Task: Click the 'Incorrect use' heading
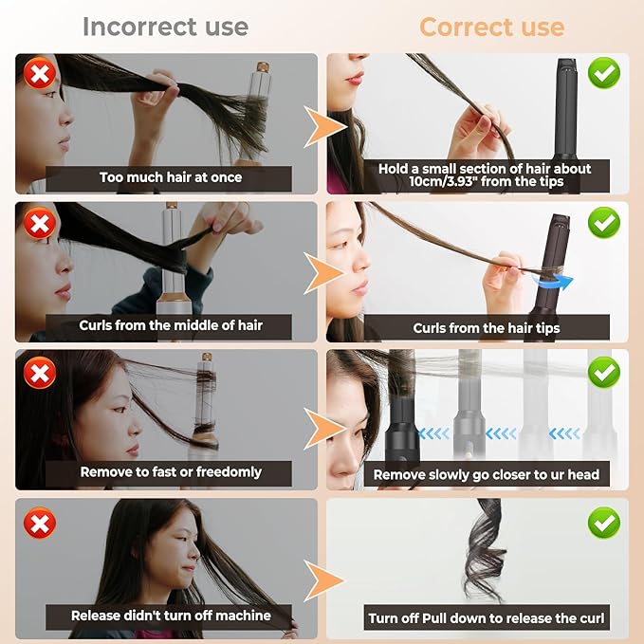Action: (x=165, y=26)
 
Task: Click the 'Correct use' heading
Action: (x=491, y=27)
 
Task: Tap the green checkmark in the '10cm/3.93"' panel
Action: (x=604, y=73)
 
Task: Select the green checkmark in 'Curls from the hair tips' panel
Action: (x=604, y=224)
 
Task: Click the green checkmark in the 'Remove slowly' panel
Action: (x=604, y=373)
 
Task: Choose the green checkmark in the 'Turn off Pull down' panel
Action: (x=604, y=522)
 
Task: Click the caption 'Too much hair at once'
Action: (x=171, y=177)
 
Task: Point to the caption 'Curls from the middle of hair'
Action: (x=171, y=325)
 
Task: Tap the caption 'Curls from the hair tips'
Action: (x=487, y=328)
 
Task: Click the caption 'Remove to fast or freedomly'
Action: (x=171, y=471)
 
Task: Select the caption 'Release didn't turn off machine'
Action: (x=171, y=616)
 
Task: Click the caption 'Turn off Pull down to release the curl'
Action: (x=486, y=618)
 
